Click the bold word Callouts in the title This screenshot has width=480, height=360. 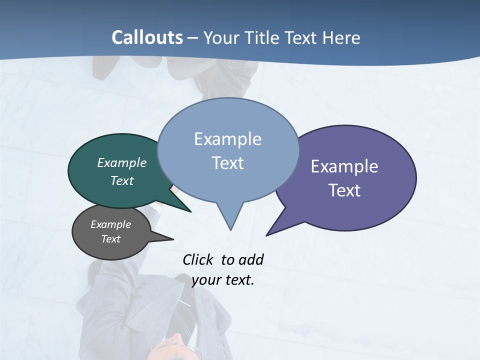coord(147,37)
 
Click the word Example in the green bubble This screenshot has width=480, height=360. coord(122,162)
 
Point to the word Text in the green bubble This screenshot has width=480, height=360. coord(122,180)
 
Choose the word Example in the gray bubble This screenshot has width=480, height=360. coord(111,224)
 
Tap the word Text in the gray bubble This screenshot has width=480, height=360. coord(111,239)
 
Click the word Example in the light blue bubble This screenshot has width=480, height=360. coord(227,139)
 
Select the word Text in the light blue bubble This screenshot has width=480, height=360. coord(227,163)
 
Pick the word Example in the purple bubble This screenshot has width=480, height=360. coord(344,166)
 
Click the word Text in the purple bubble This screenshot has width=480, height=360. coord(344,190)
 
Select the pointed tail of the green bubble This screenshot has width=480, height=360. coord(189,210)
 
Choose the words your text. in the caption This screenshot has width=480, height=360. coord(223,279)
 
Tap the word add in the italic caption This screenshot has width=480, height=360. coord(251,259)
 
